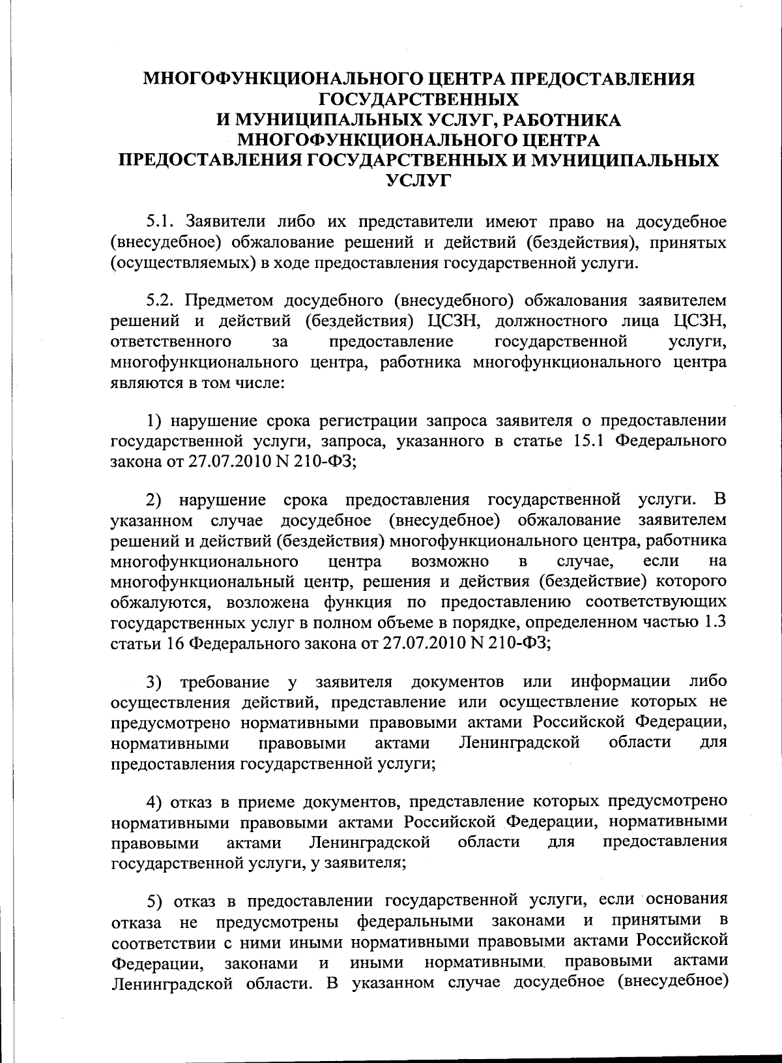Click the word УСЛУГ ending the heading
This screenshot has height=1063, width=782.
coord(418,181)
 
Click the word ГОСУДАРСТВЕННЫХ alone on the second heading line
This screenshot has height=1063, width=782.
coord(418,99)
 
